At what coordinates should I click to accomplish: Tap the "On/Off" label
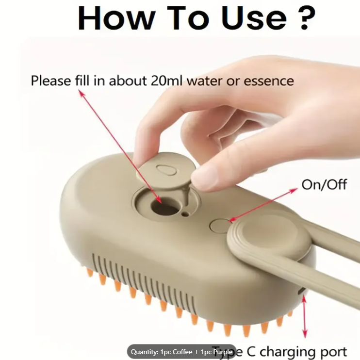point(324,184)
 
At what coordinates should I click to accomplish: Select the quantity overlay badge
point(181,352)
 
